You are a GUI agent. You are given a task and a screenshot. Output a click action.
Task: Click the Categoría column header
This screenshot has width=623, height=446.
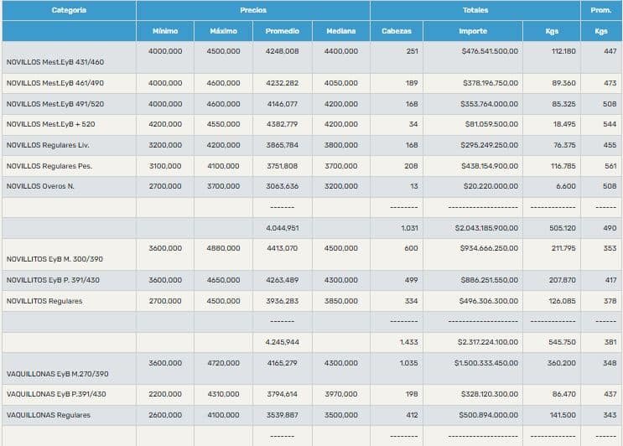click(69, 10)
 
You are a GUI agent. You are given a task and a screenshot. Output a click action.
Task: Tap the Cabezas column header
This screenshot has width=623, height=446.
click(396, 31)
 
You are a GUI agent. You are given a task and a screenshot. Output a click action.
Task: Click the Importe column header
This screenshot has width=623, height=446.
click(473, 31)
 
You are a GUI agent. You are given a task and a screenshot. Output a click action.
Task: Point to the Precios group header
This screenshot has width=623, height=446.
click(253, 10)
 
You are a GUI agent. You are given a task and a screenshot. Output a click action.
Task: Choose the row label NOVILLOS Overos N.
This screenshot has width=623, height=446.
click(40, 186)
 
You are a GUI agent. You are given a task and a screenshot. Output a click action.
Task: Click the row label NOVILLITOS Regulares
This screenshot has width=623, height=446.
click(44, 301)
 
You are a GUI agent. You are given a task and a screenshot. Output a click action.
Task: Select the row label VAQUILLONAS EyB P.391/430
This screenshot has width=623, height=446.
click(56, 393)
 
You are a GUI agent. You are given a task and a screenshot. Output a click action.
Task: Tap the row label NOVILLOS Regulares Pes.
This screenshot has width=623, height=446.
click(49, 166)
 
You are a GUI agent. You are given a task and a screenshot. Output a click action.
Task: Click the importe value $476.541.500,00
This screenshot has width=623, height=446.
click(490, 51)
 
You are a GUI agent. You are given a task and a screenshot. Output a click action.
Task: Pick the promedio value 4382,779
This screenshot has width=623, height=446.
click(282, 124)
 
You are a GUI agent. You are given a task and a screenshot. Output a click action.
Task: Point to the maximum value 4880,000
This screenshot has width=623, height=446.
click(223, 248)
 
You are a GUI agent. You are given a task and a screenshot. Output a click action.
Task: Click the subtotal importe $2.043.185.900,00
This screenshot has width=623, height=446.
click(486, 227)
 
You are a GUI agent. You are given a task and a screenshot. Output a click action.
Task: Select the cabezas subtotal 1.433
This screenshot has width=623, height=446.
click(409, 342)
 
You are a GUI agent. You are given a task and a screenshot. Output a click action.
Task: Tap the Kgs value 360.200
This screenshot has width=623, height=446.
click(561, 363)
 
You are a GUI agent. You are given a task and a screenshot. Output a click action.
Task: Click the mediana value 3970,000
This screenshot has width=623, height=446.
click(340, 393)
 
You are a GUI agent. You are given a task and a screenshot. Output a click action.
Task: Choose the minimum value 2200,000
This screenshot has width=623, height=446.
click(164, 393)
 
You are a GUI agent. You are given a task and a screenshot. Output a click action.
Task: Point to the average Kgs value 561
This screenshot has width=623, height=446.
click(610, 166)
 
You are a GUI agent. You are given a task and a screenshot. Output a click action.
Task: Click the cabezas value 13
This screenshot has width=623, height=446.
click(413, 186)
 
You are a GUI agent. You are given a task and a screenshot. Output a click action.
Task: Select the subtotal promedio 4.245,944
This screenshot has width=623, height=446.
click(282, 342)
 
